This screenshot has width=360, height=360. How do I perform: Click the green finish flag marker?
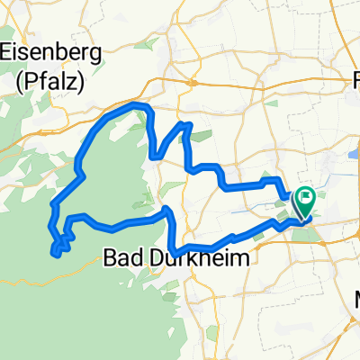(x=305, y=195)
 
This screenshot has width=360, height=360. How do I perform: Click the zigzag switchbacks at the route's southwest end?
(x=61, y=245)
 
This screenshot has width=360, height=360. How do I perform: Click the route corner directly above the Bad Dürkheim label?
(x=167, y=211)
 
